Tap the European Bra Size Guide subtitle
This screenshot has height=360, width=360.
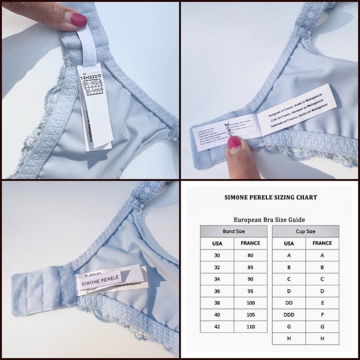pyautogui.click(x=269, y=219)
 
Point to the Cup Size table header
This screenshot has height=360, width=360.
pyautogui.click(x=305, y=232)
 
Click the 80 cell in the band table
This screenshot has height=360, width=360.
pyautogui.click(x=250, y=255)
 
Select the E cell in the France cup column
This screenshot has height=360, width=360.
pyautogui.click(x=322, y=303)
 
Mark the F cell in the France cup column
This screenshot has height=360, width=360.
pyautogui.click(x=322, y=315)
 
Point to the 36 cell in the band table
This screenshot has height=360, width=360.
pyautogui.click(x=217, y=291)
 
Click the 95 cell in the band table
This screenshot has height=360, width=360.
pyautogui.click(x=250, y=291)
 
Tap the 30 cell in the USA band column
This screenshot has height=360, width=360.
pyautogui.click(x=217, y=255)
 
